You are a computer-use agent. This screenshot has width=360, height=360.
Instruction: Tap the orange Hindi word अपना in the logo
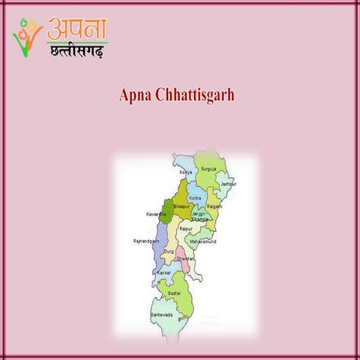[76, 28]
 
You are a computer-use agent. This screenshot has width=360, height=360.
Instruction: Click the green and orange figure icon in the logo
[27, 36]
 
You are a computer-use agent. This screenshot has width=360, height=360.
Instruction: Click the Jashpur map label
[227, 183]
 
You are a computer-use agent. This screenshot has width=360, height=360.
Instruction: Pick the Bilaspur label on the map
[181, 205]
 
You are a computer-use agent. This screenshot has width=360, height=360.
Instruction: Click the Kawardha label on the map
[156, 214]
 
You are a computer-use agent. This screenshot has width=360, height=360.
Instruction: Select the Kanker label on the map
[163, 272]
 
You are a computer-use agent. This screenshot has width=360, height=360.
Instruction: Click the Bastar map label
[175, 292]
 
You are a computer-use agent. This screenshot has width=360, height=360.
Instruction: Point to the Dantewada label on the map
[161, 315]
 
